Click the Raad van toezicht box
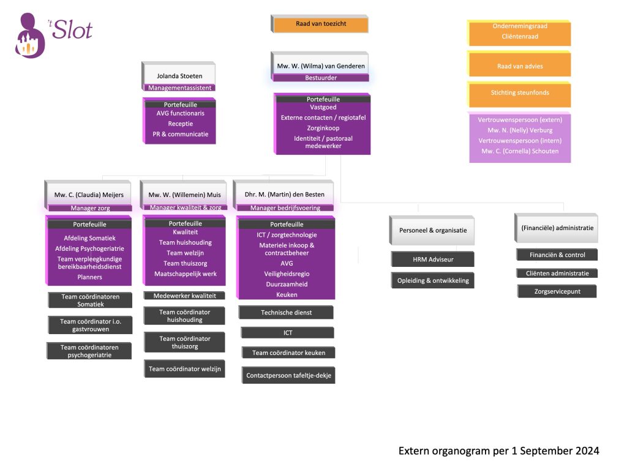(320, 24)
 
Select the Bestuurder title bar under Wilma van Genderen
(321, 78)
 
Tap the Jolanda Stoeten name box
(179, 76)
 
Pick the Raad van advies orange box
(519, 66)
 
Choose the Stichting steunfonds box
(519, 93)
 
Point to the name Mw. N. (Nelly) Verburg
(520, 130)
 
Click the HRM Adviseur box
(433, 259)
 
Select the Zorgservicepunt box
(557, 292)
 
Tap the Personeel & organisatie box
(433, 230)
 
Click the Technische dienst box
(286, 312)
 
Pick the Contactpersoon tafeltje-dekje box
(288, 375)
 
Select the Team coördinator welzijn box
(185, 368)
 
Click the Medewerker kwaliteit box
(184, 296)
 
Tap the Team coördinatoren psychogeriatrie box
(89, 351)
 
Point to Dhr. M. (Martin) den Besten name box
(283, 195)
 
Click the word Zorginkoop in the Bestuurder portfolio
(323, 129)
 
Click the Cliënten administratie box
(557, 274)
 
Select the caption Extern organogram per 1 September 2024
(498, 451)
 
